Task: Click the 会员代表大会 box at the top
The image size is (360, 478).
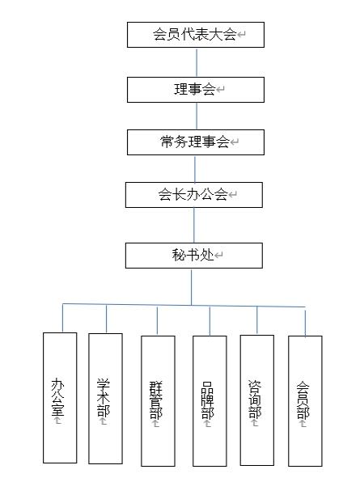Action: tap(196, 35)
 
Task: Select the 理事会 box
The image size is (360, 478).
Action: tap(196, 90)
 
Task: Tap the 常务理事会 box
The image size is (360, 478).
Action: tap(196, 142)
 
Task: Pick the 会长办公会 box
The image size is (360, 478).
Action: tap(194, 195)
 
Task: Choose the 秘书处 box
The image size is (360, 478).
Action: tap(194, 256)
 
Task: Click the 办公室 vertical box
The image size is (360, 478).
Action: tap(60, 397)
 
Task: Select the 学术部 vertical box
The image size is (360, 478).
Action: tap(105, 399)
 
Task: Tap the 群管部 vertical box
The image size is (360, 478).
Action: tap(158, 401)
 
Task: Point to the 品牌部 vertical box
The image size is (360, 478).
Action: tap(210, 401)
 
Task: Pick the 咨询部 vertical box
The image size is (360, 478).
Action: tap(257, 400)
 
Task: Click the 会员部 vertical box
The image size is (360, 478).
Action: tap(305, 401)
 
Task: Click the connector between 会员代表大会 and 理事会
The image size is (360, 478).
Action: tap(197, 62)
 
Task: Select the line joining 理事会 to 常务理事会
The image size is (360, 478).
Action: tap(197, 116)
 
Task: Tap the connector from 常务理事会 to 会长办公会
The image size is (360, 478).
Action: tap(195, 168)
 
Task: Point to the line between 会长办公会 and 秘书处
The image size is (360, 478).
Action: tap(194, 226)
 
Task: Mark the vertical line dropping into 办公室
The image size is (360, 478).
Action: tap(62, 318)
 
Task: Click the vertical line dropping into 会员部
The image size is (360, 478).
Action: tap(305, 324)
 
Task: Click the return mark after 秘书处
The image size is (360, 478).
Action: tap(219, 255)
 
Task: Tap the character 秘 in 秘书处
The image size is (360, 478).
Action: tap(179, 255)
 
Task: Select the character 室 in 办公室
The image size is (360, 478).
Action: tap(58, 410)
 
